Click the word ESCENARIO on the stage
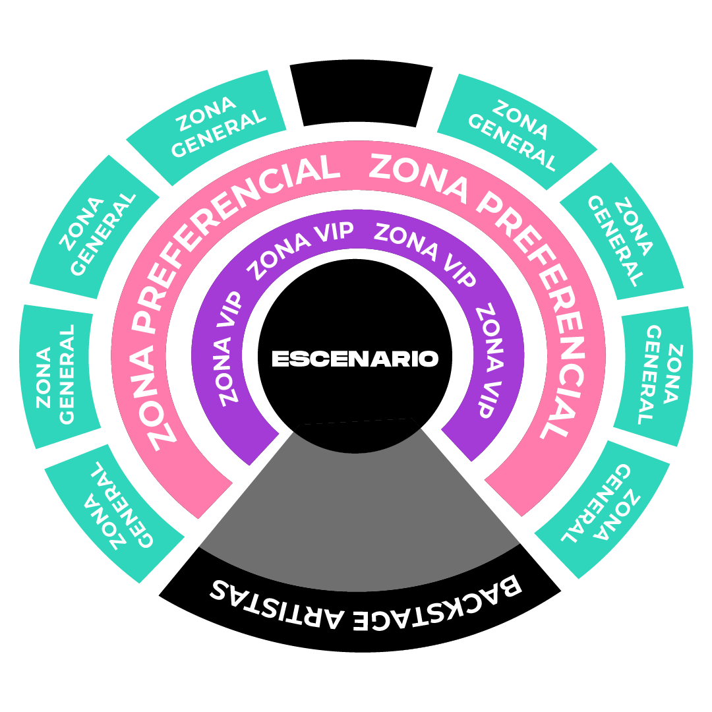tap(355, 359)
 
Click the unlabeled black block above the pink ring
tap(361, 93)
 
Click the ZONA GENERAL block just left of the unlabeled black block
tap(206, 128)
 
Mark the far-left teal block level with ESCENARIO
tap(60, 376)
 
